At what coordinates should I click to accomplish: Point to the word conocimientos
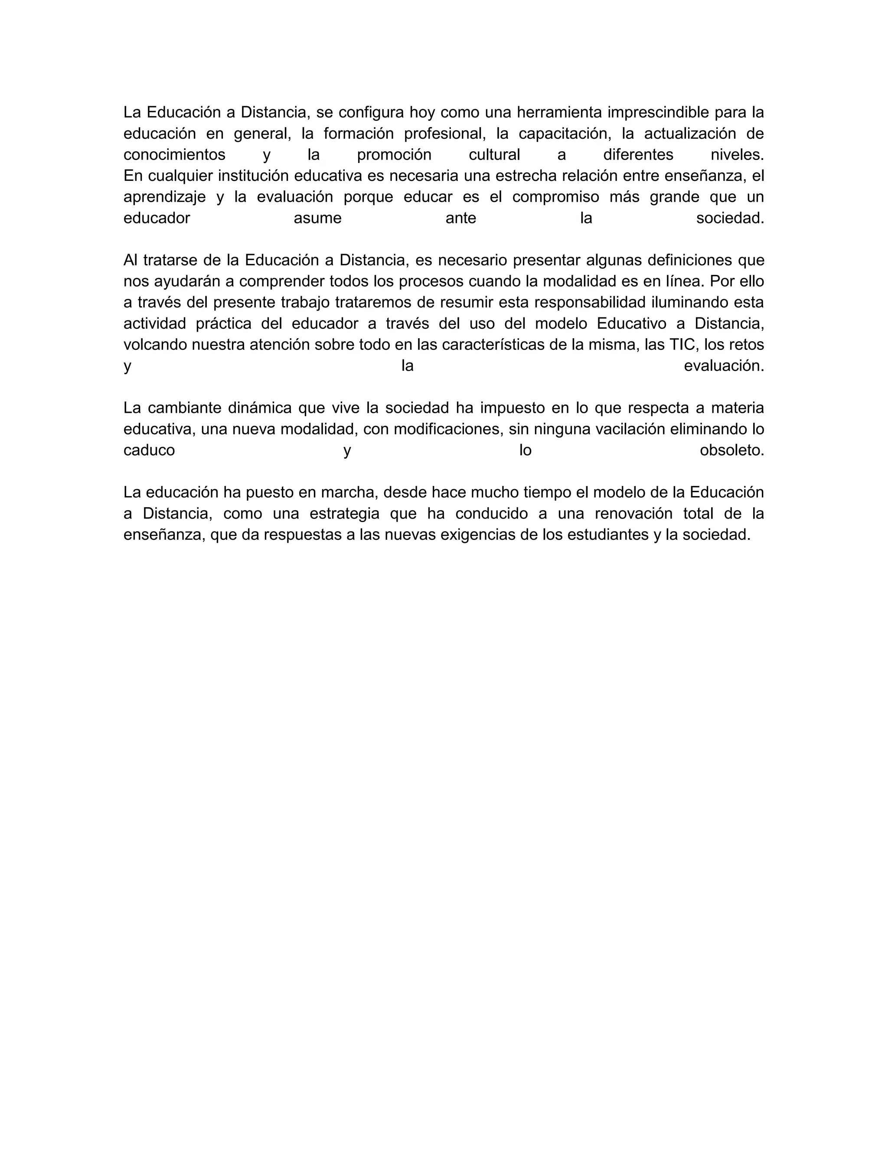[x=174, y=155]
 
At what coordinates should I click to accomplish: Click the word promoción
[x=394, y=155]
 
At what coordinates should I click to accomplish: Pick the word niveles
[x=737, y=155]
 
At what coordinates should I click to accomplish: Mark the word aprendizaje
[x=165, y=197]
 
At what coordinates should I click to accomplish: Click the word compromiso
[x=555, y=197]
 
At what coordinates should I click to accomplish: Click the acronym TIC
[x=682, y=345]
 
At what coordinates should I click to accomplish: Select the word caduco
[x=149, y=450]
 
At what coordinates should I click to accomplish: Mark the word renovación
[x=634, y=513]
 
